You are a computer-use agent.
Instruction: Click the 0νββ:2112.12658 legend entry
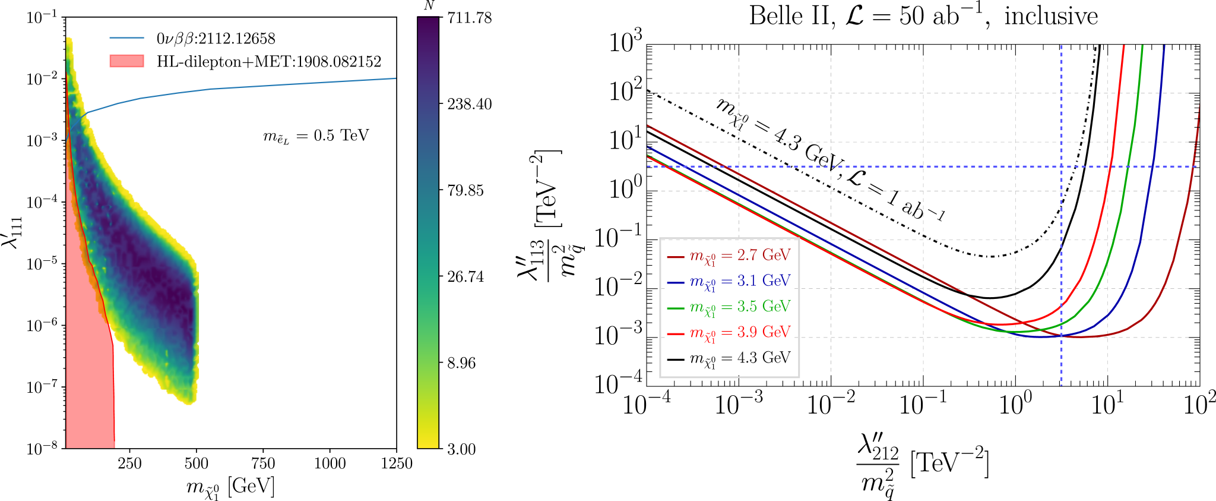coord(216,39)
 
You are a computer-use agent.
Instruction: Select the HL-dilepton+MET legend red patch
coord(126,61)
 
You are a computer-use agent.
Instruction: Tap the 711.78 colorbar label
coord(469,18)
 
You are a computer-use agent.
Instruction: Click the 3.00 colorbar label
coord(461,449)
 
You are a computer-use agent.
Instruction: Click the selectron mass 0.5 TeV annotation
coord(316,136)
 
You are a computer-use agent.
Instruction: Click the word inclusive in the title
coord(1051,16)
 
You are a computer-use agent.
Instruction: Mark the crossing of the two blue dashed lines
coord(1061,166)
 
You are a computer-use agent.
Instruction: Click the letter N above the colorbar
coord(429,6)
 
